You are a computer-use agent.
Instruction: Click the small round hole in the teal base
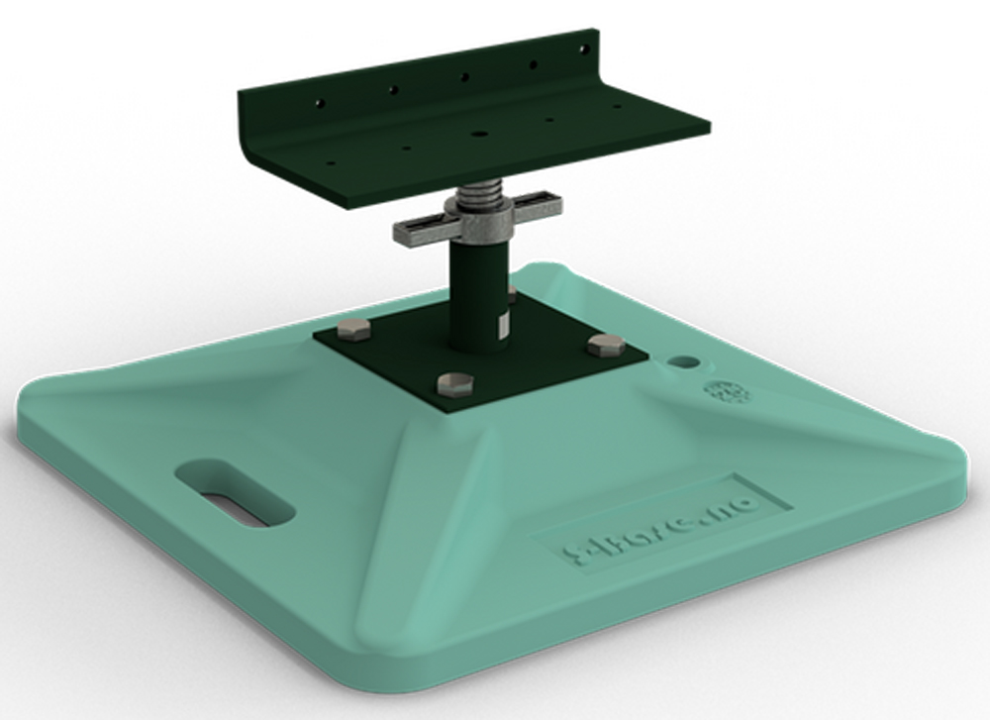(x=683, y=362)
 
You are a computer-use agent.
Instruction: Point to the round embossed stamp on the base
(x=727, y=392)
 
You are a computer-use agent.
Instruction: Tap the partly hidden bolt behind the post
(x=512, y=295)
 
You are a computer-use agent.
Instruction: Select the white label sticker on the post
(x=501, y=325)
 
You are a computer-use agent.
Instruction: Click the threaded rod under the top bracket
(x=481, y=190)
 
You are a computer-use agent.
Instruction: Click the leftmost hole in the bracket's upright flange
(x=318, y=102)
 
